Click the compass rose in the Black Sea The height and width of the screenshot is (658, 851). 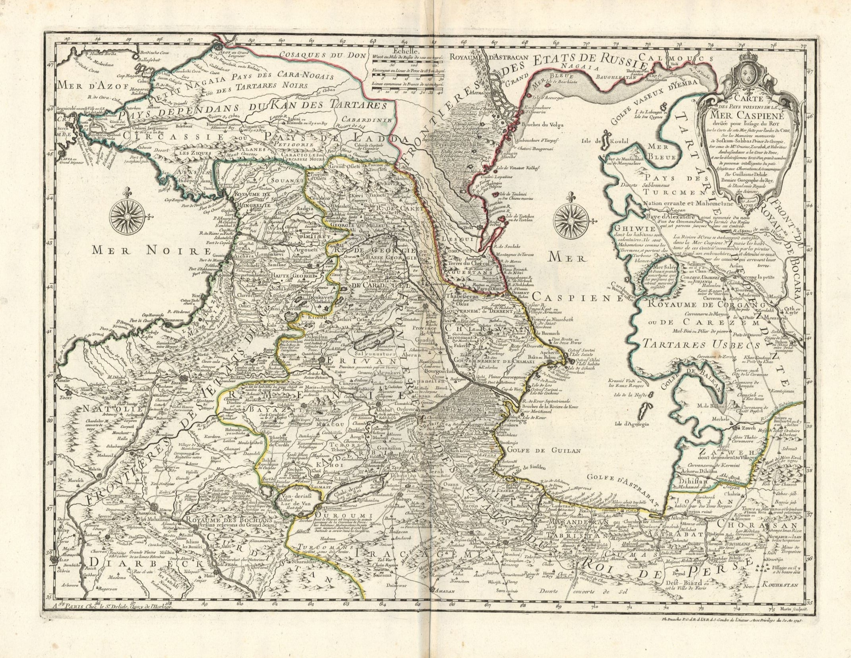pos(129,216)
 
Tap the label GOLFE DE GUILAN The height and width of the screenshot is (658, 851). pos(546,451)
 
